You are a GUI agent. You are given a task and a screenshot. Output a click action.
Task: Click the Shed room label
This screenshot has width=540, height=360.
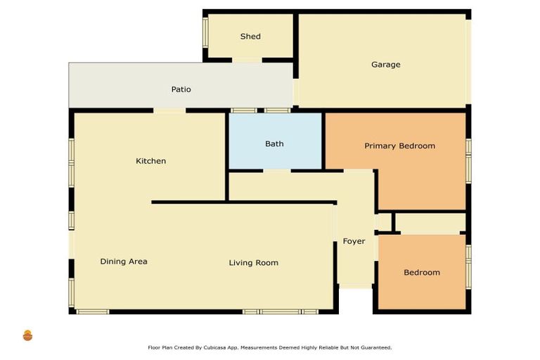(x=250, y=37)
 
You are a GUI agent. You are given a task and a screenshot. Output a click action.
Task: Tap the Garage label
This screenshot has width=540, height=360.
(x=385, y=65)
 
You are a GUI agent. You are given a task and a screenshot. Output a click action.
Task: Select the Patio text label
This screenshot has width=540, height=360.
(x=181, y=89)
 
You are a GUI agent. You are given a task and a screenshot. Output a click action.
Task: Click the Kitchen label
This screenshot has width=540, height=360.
(x=150, y=161)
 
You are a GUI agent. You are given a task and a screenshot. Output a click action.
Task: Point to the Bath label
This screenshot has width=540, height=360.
(x=274, y=143)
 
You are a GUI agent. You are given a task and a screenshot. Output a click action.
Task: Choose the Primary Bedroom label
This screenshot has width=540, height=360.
(x=399, y=146)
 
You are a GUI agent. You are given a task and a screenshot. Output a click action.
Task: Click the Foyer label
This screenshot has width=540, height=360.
(x=354, y=241)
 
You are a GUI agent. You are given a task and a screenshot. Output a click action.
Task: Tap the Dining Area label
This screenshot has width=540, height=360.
(x=124, y=261)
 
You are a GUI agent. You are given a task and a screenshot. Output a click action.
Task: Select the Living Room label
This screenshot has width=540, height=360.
(x=253, y=262)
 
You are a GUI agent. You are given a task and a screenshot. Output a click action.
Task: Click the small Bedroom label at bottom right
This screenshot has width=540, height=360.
(x=422, y=272)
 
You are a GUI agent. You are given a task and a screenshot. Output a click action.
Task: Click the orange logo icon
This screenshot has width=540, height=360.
(x=27, y=335)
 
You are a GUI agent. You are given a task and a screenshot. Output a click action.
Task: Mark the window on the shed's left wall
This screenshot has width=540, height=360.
(x=206, y=32)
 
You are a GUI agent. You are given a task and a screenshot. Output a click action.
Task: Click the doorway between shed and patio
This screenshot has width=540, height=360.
(x=247, y=60)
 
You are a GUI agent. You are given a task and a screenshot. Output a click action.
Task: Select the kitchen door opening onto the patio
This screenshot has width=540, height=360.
(x=169, y=110)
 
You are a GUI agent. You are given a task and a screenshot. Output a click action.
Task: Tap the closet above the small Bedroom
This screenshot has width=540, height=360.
(x=430, y=223)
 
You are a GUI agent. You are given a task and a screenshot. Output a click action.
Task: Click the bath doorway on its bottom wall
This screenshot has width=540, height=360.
(x=277, y=170)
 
